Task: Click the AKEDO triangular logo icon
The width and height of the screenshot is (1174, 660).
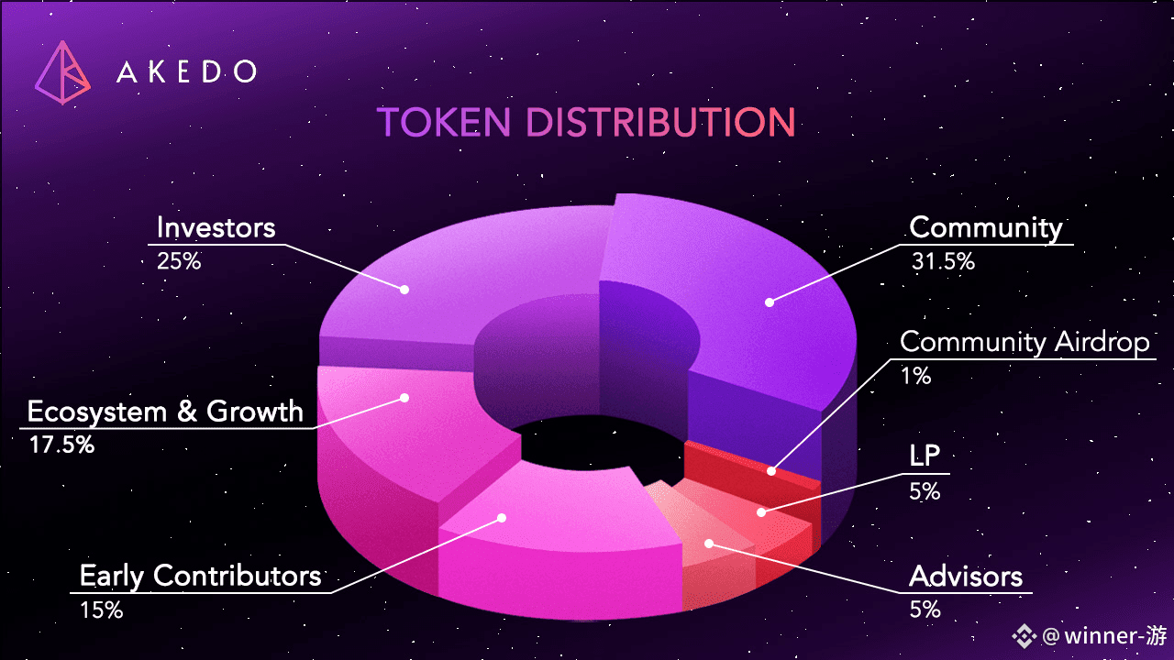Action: tap(63, 72)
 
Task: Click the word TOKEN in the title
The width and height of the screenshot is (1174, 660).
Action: tap(443, 122)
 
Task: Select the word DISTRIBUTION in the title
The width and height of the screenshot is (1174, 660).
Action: tap(660, 122)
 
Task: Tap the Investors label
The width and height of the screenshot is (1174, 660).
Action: tap(216, 228)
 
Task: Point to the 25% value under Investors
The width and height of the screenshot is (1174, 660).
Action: tap(179, 261)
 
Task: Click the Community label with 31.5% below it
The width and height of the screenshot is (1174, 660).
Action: tap(986, 228)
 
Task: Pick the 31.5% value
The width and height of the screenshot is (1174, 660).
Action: tap(943, 261)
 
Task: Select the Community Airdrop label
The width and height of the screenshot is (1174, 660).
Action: tap(1024, 343)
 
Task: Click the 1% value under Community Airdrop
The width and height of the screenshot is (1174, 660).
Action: tap(915, 376)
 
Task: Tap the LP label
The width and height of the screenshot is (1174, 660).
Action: tap(925, 456)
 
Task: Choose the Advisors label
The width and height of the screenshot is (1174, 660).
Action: tap(966, 577)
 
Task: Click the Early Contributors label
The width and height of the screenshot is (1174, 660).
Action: tap(200, 577)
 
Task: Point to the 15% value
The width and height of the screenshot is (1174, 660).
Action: tap(101, 610)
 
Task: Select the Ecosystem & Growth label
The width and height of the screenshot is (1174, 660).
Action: tap(165, 412)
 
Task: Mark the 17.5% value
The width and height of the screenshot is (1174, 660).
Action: tap(61, 445)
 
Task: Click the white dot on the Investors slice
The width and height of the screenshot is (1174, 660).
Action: tap(404, 289)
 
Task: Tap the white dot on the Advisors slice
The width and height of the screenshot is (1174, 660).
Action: tap(709, 544)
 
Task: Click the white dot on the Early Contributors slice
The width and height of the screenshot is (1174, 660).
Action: tap(502, 518)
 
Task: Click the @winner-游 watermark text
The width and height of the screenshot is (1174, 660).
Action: tap(1105, 636)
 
